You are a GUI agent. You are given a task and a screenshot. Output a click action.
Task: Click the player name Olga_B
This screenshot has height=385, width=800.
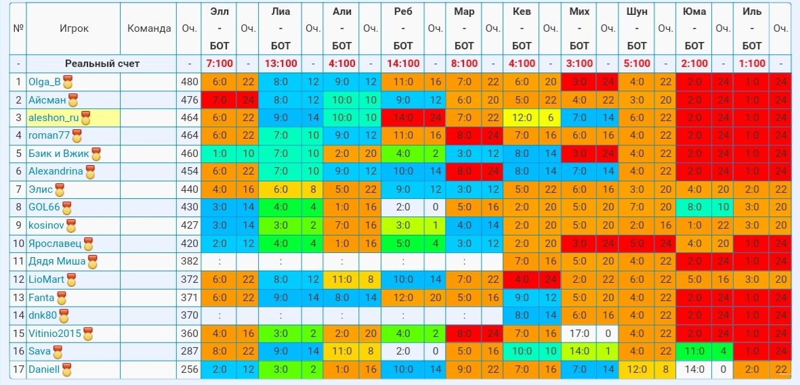click(x=45, y=82)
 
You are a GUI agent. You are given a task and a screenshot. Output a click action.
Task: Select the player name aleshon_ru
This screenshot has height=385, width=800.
click(x=54, y=118)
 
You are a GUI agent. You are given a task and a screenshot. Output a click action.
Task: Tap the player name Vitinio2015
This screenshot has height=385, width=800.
click(x=55, y=334)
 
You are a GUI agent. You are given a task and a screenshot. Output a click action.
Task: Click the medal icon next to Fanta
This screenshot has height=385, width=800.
click(x=61, y=298)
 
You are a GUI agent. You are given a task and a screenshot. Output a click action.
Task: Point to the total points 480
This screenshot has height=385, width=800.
click(x=189, y=82)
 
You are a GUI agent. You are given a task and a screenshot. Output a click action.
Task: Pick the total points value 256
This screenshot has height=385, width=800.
click(x=189, y=369)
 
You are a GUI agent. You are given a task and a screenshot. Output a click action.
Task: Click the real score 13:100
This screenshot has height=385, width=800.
click(x=280, y=64)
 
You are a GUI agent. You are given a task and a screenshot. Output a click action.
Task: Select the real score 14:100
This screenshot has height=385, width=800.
click(x=403, y=64)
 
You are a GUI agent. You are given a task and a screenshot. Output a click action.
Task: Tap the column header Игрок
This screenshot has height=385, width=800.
click(x=74, y=28)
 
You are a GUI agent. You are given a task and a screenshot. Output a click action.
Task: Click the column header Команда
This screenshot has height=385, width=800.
click(x=149, y=28)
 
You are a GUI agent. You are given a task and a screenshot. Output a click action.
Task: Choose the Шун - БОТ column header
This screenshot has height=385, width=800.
click(x=637, y=28)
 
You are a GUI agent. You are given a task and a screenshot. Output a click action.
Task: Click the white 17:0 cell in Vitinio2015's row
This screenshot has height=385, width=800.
click(x=579, y=334)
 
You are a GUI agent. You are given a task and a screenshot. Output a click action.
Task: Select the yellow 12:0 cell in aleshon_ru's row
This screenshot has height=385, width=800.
click(x=522, y=118)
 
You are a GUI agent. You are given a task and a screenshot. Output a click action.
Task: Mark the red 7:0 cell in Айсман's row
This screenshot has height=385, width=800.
click(x=219, y=100)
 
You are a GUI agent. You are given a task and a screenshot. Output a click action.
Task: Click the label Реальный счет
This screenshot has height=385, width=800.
click(x=102, y=64)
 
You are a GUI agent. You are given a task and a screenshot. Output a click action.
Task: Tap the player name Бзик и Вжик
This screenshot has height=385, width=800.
click(x=59, y=154)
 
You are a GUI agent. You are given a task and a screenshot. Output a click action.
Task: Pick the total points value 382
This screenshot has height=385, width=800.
click(x=189, y=262)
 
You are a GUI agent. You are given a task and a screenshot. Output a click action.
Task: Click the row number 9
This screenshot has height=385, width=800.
click(x=18, y=225)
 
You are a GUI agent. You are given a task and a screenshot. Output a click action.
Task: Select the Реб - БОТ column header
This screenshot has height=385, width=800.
click(x=403, y=28)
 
